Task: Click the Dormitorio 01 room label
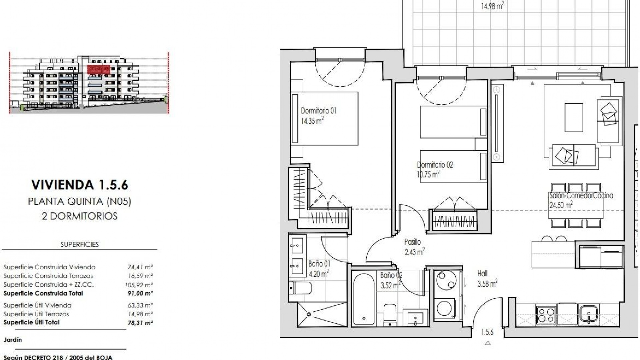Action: pos(318,111)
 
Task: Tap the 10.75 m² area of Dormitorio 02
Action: pos(428,174)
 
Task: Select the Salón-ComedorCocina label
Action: pos(581,196)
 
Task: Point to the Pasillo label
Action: pos(412,242)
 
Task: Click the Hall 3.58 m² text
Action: pos(487,279)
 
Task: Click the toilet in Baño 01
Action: pos(300,288)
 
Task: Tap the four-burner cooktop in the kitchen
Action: pos(546,314)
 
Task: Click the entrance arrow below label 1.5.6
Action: pos(488,343)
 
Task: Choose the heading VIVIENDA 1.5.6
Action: pos(80,185)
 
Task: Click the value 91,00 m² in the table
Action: pos(140,294)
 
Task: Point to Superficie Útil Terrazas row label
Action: pos(36,314)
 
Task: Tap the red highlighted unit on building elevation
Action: pos(98,70)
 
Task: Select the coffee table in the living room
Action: pos(574,117)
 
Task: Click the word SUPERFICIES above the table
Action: pos(80,244)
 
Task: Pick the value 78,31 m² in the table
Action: pos(140,323)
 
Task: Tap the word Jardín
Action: pos(13,340)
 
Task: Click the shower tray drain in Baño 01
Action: pos(309,314)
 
